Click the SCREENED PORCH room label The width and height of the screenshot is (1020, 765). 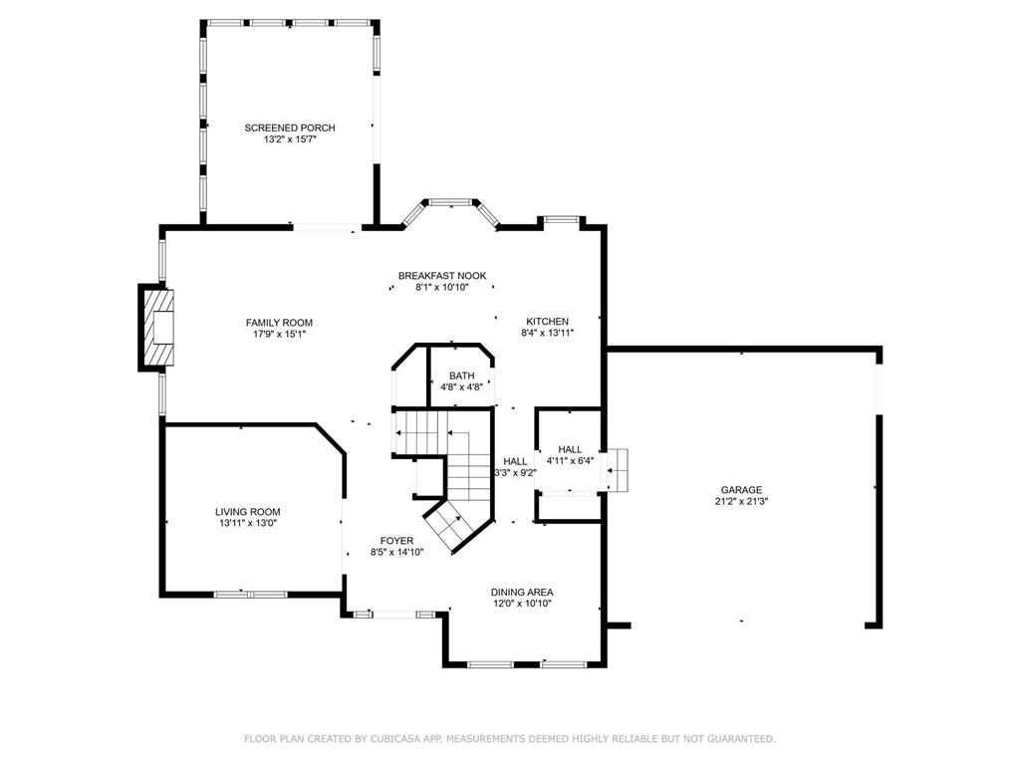point(290,127)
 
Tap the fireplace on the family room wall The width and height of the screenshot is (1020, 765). point(156,327)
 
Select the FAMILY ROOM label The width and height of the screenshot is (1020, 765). point(279,323)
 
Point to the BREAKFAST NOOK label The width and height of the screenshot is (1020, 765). point(442,276)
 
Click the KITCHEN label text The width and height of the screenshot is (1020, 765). point(547,322)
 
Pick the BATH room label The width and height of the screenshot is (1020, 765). point(462,376)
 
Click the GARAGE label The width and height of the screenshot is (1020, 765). point(741,490)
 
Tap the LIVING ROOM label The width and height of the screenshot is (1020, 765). point(248,512)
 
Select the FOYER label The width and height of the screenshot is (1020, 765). point(396,541)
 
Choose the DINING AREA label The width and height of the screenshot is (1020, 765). point(522,592)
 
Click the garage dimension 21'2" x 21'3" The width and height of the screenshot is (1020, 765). point(741,502)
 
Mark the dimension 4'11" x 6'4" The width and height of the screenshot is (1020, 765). point(570,461)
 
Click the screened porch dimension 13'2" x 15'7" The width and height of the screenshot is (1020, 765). point(290,139)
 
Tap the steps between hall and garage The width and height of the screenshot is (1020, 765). point(618,470)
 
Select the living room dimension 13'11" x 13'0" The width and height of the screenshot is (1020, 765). point(248,523)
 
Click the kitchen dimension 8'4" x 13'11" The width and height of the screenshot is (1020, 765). point(547,333)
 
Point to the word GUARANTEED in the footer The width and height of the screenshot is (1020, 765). point(741,739)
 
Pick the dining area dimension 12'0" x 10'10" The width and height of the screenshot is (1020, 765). point(522,604)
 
